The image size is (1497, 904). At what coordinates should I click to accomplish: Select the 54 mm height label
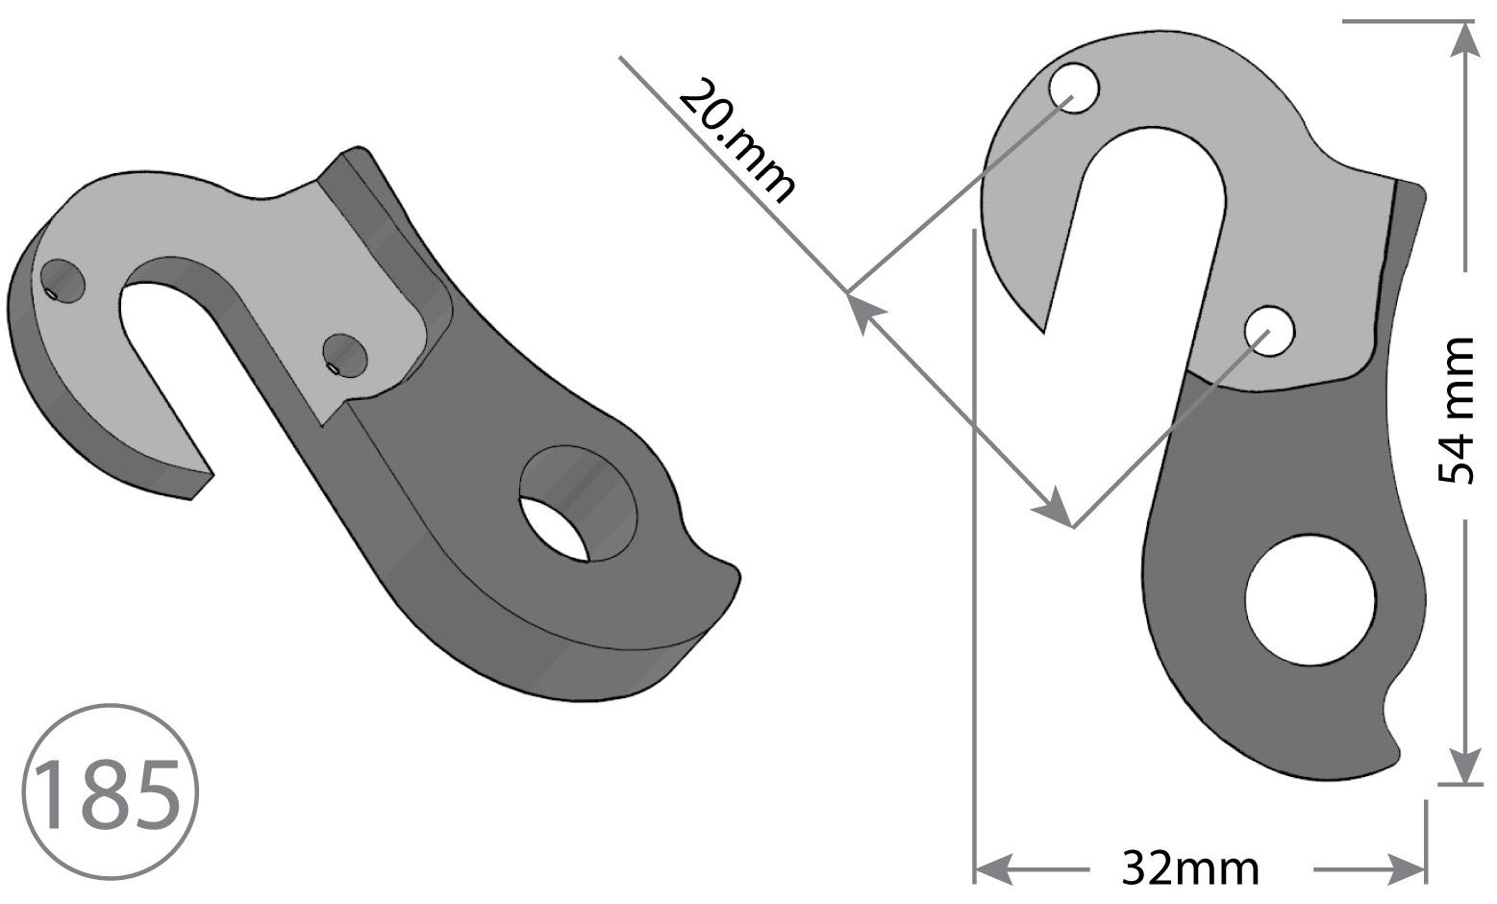1456,412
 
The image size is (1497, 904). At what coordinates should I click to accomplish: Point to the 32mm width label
1189,868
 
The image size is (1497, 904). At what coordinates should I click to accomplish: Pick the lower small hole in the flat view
1269,331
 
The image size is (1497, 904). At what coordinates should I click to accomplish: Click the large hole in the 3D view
577,505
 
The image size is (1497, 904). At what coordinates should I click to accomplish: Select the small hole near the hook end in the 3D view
63,282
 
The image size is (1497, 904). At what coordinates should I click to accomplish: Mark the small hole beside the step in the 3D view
344,356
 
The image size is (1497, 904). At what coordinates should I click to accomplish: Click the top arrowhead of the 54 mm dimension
1463,38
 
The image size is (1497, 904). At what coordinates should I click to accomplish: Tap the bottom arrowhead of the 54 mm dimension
1463,766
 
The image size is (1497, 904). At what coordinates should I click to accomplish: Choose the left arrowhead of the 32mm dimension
992,868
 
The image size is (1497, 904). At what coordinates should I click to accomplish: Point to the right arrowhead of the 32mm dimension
1408,868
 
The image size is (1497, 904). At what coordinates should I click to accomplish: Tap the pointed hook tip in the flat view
1043,328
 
